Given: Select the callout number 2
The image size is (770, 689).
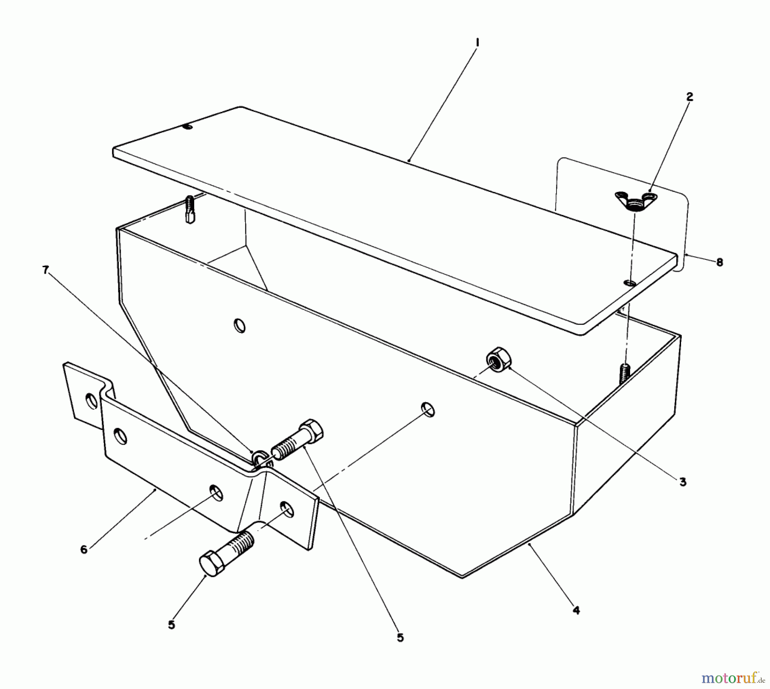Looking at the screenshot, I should click(689, 97).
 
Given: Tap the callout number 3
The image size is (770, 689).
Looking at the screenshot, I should click(683, 482).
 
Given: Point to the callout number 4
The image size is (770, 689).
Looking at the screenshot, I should click(576, 610).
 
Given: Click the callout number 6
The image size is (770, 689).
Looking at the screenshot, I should click(84, 549).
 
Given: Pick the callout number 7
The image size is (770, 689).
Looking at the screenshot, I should click(46, 270).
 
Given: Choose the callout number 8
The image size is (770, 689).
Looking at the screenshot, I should click(720, 262).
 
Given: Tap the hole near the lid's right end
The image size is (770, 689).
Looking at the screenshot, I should click(630, 283).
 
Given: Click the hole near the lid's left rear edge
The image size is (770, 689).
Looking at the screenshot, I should click(187, 127).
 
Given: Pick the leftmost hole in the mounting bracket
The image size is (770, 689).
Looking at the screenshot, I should click(92, 401).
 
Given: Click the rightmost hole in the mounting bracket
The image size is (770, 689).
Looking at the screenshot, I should click(287, 509).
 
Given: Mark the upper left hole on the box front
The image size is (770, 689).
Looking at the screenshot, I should click(240, 326).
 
